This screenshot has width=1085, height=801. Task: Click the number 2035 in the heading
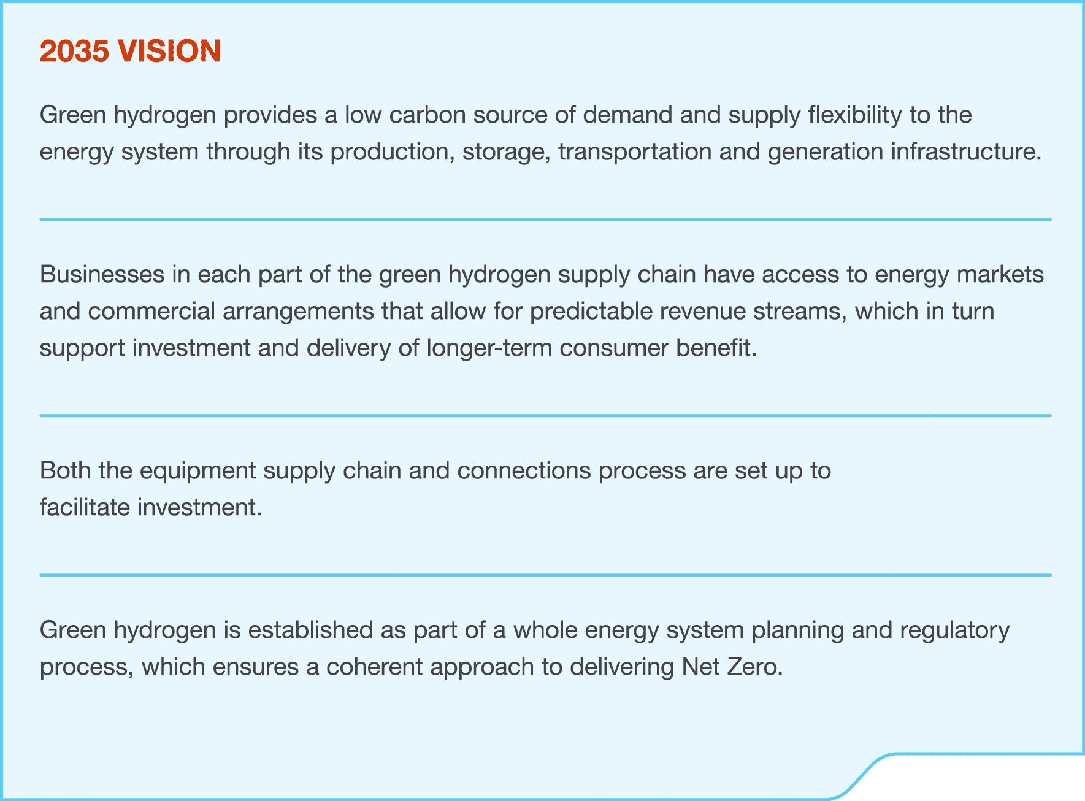tap(74, 51)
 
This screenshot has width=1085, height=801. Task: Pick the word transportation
tap(634, 152)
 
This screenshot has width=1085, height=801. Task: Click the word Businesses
tap(102, 275)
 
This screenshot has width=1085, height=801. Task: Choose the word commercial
tap(151, 312)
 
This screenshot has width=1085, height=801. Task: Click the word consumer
tap(613, 348)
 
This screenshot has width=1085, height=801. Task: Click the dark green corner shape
tap(981, 779)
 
